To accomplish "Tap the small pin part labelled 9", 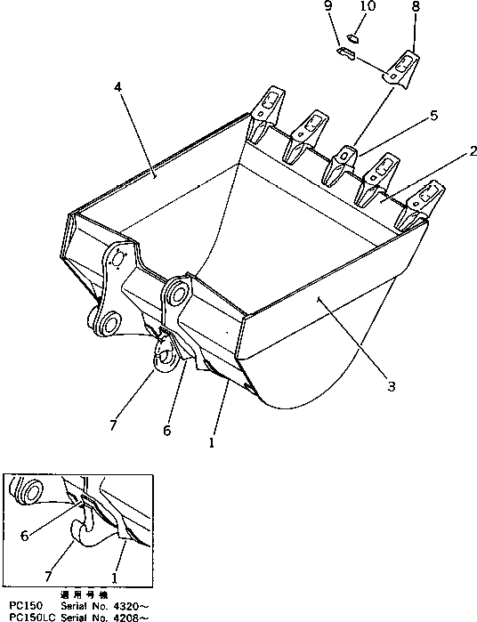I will pos(346,55).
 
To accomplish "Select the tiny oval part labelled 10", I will pos(352,38).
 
